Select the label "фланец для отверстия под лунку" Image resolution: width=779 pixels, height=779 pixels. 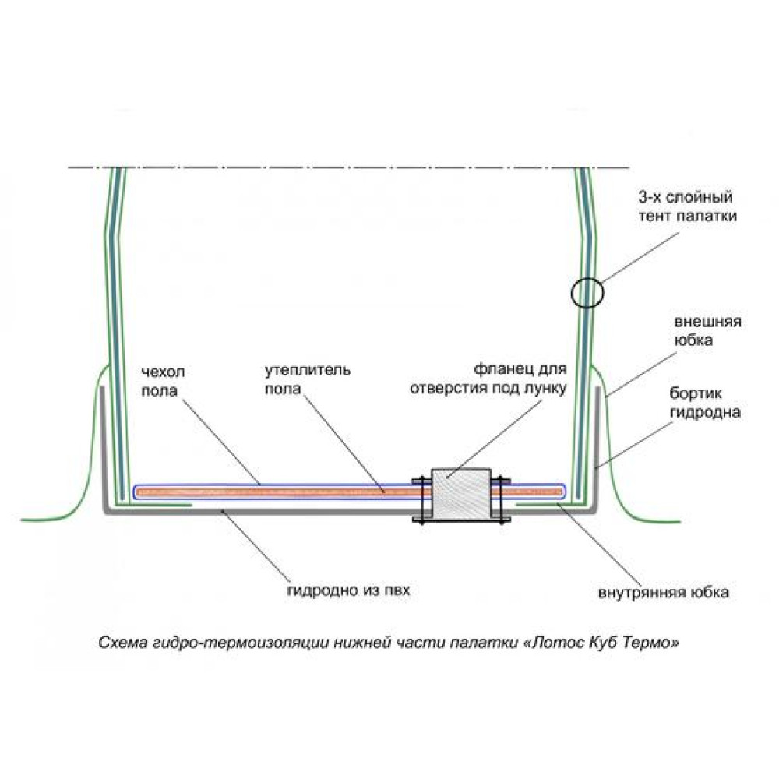coord(487,378)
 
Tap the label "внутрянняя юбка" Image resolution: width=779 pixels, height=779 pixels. coord(663,593)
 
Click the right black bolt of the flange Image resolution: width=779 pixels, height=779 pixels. coord(501,499)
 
